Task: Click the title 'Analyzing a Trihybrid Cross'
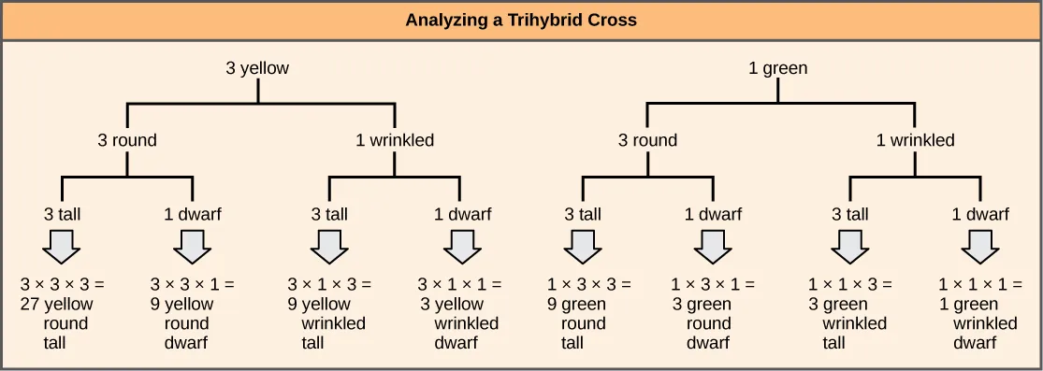(521, 20)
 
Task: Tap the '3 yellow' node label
(257, 68)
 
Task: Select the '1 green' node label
(777, 68)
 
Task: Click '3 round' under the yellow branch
(127, 141)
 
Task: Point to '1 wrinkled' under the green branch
(915, 141)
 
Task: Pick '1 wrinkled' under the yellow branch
(395, 141)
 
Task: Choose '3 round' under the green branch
(647, 141)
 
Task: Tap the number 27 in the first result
(28, 304)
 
